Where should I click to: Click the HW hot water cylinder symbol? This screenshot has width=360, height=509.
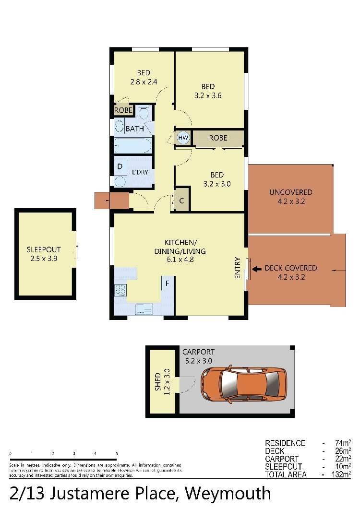tap(183, 138)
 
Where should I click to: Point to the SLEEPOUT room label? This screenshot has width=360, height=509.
tap(44, 249)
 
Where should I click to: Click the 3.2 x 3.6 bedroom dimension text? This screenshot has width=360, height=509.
tap(208, 95)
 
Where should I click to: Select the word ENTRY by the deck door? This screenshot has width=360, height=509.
tap(238, 268)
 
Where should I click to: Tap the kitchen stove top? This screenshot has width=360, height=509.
tap(120, 289)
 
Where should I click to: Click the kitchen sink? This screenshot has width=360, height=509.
tap(144, 309)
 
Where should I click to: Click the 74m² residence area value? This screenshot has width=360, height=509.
tap(343, 443)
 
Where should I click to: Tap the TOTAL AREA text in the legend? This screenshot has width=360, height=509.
tap(286, 474)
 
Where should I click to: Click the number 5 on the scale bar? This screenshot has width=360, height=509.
tap(117, 453)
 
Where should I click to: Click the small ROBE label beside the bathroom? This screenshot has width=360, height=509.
tap(123, 110)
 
